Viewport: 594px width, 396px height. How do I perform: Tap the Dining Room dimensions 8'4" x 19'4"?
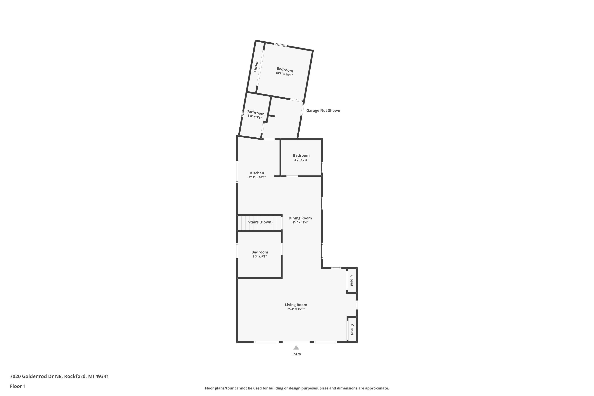[300, 223]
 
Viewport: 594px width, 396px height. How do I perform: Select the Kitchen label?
[257, 173]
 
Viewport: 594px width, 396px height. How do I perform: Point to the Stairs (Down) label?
[260, 222]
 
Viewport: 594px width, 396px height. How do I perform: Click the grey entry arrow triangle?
[296, 348]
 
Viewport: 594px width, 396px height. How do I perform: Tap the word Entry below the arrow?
[296, 354]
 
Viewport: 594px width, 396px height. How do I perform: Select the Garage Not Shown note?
[323, 110]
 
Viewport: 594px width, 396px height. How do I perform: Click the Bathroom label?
[255, 112]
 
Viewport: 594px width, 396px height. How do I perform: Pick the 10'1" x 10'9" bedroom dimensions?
[284, 74]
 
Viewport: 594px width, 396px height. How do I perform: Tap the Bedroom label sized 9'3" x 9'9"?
[260, 252]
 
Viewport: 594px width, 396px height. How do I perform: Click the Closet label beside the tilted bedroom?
[256, 67]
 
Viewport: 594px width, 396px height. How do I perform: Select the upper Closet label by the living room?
[352, 281]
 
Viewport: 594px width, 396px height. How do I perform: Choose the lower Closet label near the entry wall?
[352, 330]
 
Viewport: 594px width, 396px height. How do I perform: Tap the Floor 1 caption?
[18, 386]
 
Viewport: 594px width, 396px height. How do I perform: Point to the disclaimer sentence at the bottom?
[297, 388]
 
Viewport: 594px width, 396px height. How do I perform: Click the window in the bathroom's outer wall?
[242, 114]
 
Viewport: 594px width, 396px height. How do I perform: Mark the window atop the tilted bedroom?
[280, 45]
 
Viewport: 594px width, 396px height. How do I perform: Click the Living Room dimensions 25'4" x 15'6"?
[296, 309]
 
